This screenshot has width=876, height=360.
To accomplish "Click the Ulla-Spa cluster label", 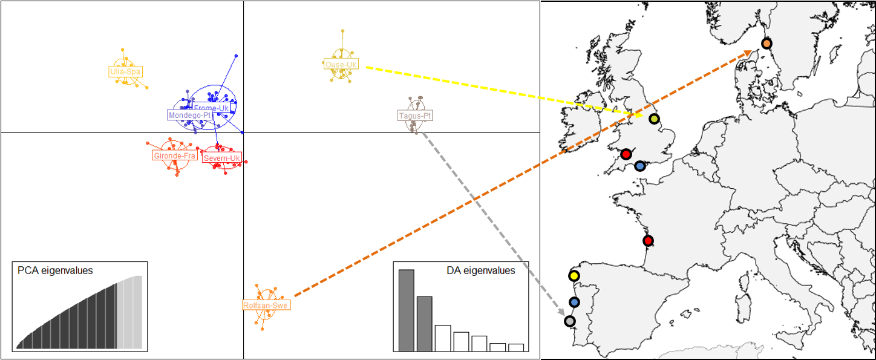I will click(125, 71).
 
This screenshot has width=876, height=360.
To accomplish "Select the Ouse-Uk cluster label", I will click(341, 64).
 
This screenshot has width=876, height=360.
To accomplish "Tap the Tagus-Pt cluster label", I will click(416, 116).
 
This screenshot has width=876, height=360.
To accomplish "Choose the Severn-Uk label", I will click(222, 159).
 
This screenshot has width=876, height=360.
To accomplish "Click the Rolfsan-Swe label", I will click(266, 305).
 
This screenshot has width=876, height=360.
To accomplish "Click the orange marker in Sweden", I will click(766, 44).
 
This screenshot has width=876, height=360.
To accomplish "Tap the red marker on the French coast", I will click(649, 241).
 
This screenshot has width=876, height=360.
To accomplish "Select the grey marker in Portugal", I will click(569, 321).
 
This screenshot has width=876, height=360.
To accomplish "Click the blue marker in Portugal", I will click(574, 302).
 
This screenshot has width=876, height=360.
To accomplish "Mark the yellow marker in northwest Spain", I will click(574, 276).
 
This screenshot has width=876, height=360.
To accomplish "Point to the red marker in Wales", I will click(626, 154).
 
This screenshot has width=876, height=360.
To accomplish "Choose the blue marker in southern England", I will click(640, 166).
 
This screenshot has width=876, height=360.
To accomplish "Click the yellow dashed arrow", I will click(502, 91).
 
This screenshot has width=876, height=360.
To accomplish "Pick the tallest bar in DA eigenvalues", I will click(407, 310).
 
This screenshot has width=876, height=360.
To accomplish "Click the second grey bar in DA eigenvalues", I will click(425, 323).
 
